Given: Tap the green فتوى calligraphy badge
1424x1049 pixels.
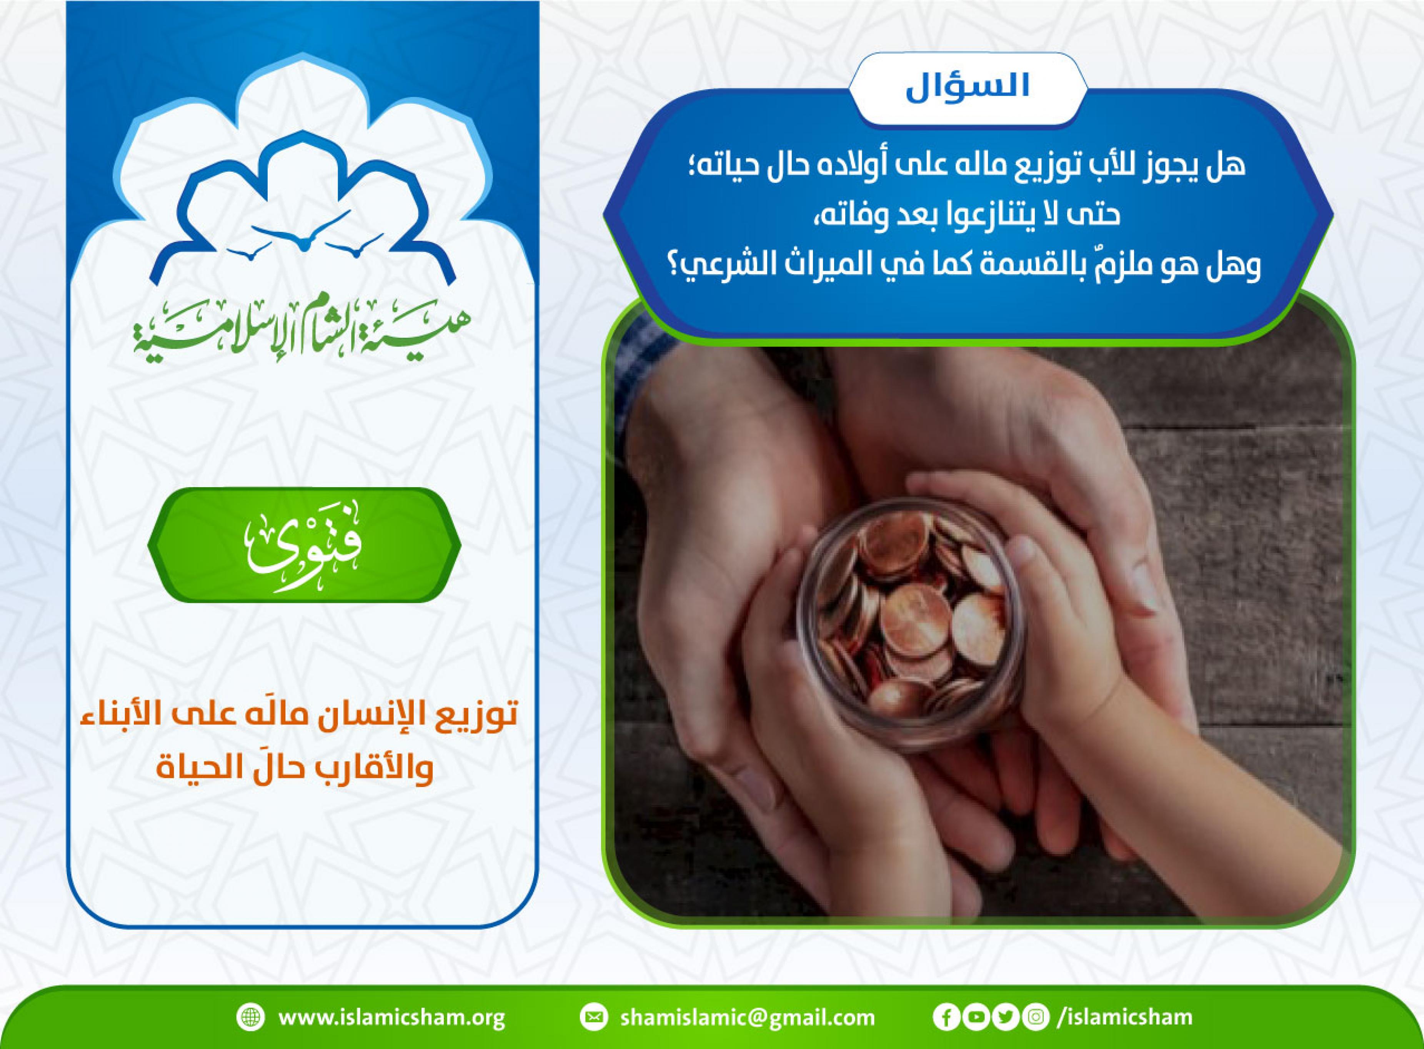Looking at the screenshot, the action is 304,545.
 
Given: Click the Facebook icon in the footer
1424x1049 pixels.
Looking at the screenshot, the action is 946,1018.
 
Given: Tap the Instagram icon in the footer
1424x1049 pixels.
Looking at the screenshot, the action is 1035,1018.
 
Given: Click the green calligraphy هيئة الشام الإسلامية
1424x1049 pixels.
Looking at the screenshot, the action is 303,331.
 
